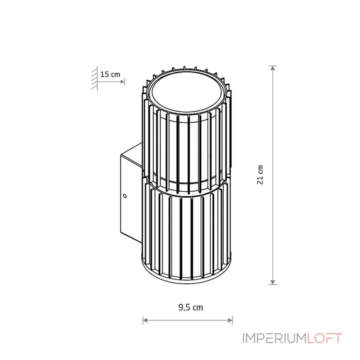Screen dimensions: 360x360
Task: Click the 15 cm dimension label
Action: pyautogui.click(x=110, y=74)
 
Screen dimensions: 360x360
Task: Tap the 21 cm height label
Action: pyautogui.click(x=260, y=175)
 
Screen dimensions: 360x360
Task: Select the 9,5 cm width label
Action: pyautogui.click(x=191, y=307)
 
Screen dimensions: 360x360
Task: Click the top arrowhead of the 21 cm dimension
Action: pyautogui.click(x=273, y=68)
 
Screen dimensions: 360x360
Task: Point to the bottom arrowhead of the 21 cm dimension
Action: pyautogui.click(x=273, y=283)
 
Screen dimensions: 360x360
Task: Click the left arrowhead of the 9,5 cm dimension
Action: pyautogui.click(x=145, y=320)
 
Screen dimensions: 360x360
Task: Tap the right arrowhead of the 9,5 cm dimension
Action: pyautogui.click(x=230, y=320)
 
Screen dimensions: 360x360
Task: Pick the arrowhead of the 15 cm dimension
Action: pyautogui.click(x=122, y=82)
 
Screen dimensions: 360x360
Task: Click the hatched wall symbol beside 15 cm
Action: pyautogui.click(x=94, y=78)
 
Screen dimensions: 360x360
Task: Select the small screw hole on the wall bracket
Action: pyautogui.click(x=125, y=196)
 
